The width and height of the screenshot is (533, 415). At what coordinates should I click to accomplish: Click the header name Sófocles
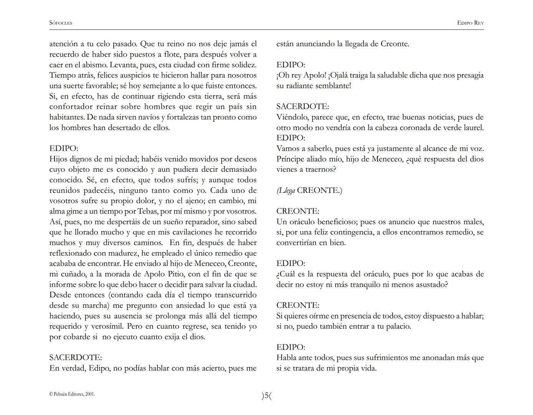point(61,23)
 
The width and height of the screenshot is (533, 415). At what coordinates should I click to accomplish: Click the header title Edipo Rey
point(470,23)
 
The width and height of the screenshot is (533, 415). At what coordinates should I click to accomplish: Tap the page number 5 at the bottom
point(266,395)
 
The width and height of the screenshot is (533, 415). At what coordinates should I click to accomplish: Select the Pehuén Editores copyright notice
point(72,394)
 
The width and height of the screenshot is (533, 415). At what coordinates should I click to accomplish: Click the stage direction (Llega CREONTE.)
point(309,191)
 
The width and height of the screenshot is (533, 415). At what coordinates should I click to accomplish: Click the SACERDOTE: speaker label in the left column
point(76,358)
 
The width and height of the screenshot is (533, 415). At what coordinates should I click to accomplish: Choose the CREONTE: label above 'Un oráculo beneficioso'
point(298,211)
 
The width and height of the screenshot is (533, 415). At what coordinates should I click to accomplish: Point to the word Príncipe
point(291,159)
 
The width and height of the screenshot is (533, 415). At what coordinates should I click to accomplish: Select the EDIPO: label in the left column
point(64,148)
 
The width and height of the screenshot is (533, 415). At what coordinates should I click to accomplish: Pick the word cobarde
point(75,337)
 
